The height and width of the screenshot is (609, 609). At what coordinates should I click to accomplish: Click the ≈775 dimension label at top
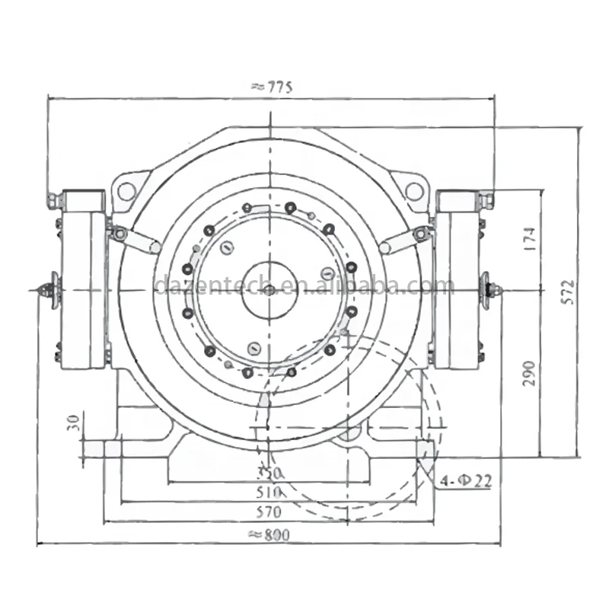[270, 87]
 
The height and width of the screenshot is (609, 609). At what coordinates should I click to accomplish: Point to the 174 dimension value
[531, 239]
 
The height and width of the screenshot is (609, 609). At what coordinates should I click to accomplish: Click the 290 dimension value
[531, 374]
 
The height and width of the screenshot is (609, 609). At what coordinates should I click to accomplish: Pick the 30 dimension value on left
[73, 423]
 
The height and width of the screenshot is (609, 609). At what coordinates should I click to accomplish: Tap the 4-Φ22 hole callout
[466, 480]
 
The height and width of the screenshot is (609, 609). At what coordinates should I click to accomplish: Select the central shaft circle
[269, 289]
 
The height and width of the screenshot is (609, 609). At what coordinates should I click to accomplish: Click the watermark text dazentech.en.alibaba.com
[304, 286]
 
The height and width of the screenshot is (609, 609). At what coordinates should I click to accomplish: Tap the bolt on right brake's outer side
[489, 289]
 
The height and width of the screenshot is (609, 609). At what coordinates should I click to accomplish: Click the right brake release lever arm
[400, 242]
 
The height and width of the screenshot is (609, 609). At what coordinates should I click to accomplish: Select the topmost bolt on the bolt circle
[290, 206]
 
